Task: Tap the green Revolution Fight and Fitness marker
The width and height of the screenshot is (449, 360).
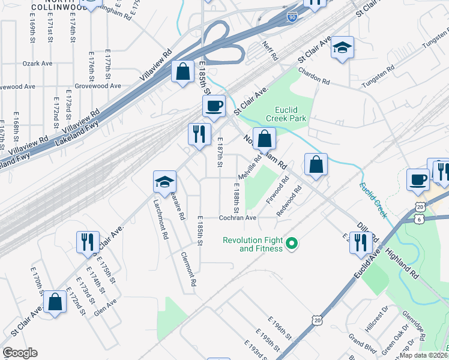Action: pyautogui.click(x=292, y=244)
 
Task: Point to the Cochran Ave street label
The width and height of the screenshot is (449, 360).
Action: pyautogui.click(x=237, y=218)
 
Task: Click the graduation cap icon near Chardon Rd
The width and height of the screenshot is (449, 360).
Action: pyautogui.click(x=343, y=47)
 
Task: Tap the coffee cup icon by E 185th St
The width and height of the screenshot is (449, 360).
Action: pyautogui.click(x=214, y=107)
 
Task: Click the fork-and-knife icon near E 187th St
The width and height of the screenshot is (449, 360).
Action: pyautogui.click(x=199, y=134)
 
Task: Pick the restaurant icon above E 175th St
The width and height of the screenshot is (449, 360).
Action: pyautogui.click(x=88, y=242)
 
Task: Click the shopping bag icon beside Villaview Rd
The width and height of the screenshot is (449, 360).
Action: pyautogui.click(x=182, y=73)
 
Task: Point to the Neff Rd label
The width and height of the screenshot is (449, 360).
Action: pyautogui.click(x=271, y=50)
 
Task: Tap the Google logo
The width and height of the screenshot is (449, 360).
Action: pyautogui.click(x=20, y=353)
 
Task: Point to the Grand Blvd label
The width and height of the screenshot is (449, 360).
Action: pyautogui.click(x=362, y=344)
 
